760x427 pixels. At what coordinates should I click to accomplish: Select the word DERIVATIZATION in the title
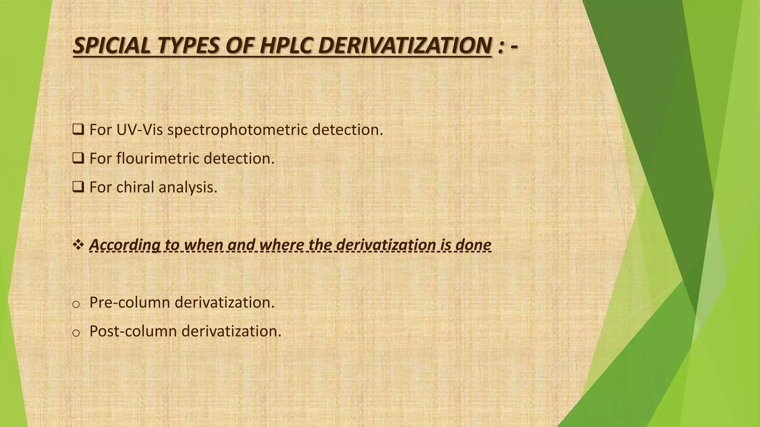tap(405, 46)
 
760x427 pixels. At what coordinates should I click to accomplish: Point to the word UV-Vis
tap(139, 130)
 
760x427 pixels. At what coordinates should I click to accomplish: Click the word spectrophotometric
tap(237, 130)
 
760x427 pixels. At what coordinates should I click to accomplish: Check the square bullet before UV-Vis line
tap(78, 130)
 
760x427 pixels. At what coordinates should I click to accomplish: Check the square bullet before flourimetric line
tap(78, 158)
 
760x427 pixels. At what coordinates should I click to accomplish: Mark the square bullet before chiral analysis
tap(78, 187)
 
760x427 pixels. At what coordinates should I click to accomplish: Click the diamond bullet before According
tap(78, 245)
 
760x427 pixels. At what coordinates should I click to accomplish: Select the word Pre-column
tap(130, 302)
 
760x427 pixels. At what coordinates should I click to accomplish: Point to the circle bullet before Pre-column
tap(76, 304)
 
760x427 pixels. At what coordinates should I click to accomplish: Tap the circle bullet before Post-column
tap(76, 333)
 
